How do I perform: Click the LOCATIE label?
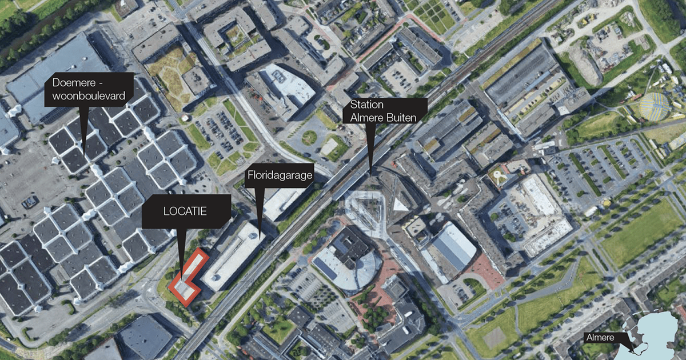click(185, 211)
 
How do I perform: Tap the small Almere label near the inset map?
click(599, 338)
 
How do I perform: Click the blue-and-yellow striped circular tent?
click(653, 107)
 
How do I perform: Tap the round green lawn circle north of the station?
click(309, 138)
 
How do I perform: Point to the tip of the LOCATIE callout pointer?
click(181, 273)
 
